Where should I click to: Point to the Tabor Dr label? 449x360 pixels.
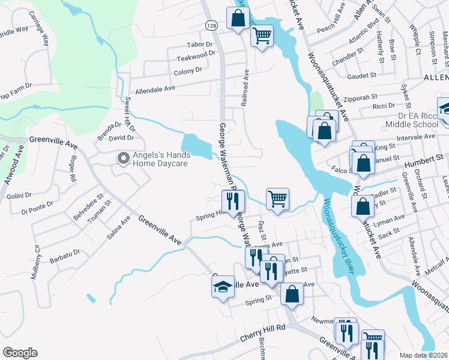200,44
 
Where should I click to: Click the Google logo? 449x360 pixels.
20,353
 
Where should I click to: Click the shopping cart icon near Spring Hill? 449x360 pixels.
277,199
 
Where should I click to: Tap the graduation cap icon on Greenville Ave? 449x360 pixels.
223,286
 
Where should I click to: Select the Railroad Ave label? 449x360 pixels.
245,88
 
